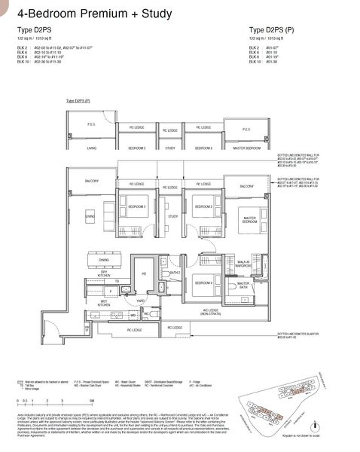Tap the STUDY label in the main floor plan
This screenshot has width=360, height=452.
pyautogui.click(x=172, y=216)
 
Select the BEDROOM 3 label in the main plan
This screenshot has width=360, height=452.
pyautogui.click(x=136, y=206)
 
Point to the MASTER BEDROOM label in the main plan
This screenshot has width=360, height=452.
pyautogui.click(x=249, y=220)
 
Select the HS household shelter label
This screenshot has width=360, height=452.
pyautogui.click(x=144, y=274)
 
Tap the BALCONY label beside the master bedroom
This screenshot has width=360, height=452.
pyautogui.click(x=247, y=185)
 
